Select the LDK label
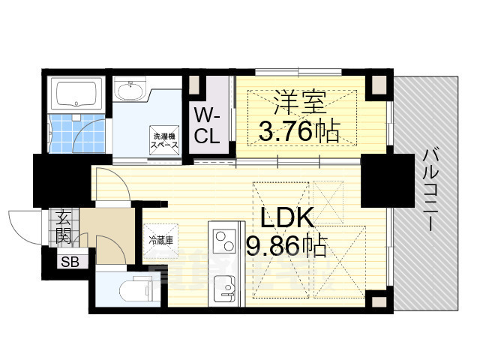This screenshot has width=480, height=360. pyautogui.click(x=287, y=217)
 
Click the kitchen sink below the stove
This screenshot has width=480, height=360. pyautogui.click(x=223, y=287)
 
